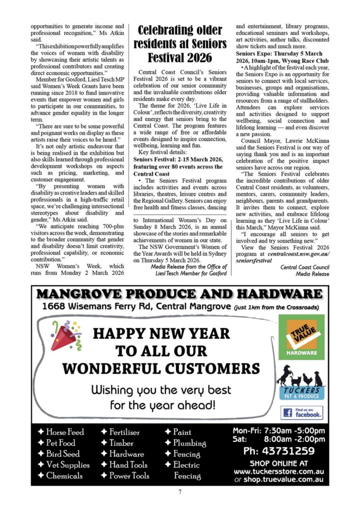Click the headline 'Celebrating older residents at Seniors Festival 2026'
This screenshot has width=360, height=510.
point(180,44)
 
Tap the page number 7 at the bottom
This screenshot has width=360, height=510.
point(180,492)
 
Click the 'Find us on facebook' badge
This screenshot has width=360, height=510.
point(302,413)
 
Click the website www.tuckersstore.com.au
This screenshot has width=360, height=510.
point(278,471)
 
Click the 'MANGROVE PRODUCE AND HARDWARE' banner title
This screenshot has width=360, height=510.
point(180,294)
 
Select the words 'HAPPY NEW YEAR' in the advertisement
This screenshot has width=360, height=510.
point(161,333)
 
